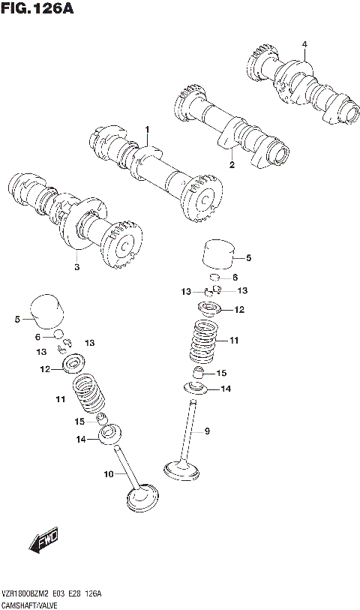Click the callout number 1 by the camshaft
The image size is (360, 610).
(148, 129)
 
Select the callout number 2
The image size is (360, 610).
(232, 164)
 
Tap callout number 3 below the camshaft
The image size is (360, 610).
(76, 266)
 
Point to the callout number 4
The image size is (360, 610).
(304, 44)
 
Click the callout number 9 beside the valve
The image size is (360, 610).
(208, 431)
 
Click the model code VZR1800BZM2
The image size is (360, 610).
(28, 593)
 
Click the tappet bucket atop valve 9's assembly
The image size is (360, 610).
(218, 255)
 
